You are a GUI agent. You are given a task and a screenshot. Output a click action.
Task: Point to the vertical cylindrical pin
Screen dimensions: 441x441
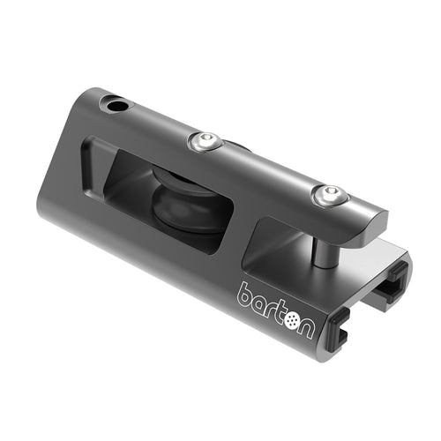(x=325, y=250)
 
